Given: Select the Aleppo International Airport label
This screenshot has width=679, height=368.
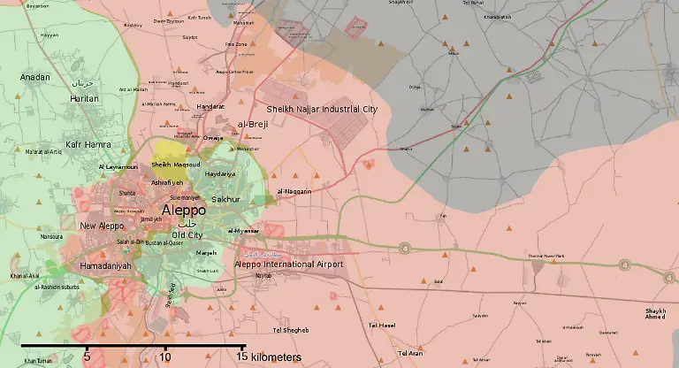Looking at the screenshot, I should click(x=289, y=264).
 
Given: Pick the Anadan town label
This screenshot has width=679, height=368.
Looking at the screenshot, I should click(x=35, y=77).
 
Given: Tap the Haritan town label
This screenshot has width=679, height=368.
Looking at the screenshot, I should click(x=84, y=98).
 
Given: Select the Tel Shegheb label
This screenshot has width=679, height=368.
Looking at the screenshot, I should click(x=291, y=330).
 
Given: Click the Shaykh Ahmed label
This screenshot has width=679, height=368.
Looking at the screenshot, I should click(x=656, y=315).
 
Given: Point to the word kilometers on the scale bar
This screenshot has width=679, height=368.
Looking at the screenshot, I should click(x=275, y=357).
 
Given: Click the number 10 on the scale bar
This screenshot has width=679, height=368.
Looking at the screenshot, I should click(x=165, y=357).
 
